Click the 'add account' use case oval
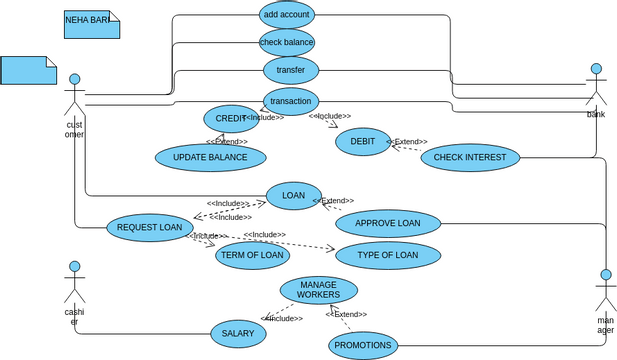point(286,14)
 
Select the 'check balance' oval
point(287,42)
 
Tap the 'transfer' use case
point(291,70)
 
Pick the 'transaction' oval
point(291,100)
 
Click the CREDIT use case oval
point(231,119)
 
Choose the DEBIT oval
point(362,142)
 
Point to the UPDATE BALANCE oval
point(211,158)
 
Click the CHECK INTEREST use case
point(471,157)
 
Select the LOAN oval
point(293,196)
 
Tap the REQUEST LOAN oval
point(149,227)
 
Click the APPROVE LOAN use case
point(388,223)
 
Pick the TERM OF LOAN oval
point(252,255)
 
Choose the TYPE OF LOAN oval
point(388,255)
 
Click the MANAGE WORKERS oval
point(318,290)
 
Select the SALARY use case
point(238,334)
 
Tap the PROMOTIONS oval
point(363,346)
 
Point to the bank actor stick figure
point(596,86)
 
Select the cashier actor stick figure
point(73,284)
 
